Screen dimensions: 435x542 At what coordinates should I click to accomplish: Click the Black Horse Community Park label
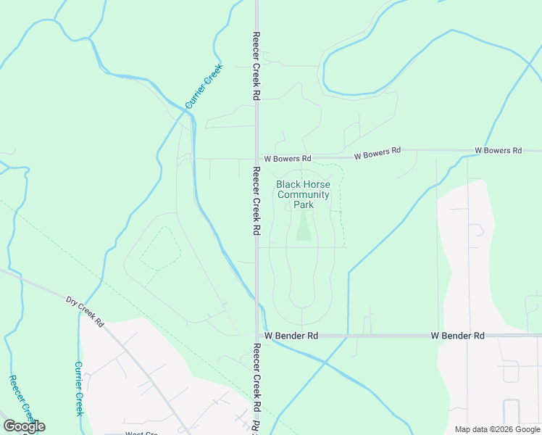303,194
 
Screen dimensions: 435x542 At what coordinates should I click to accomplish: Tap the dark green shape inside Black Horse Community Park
303,228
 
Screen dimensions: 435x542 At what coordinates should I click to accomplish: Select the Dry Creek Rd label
86,311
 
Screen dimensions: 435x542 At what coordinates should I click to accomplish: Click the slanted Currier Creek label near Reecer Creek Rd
204,87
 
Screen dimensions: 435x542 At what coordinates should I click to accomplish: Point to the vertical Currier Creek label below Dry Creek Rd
79,389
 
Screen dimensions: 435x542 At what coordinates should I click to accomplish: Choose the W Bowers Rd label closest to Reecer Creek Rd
288,158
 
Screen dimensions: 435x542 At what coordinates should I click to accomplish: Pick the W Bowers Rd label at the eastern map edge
498,151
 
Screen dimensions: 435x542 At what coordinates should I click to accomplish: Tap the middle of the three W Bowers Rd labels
377,152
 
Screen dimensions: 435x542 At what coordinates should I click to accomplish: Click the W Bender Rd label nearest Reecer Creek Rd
291,336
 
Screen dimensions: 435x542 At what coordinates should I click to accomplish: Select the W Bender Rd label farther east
457,336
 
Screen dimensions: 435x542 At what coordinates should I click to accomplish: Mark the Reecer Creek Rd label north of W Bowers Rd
257,65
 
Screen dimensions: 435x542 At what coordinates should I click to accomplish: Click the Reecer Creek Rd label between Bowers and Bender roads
257,201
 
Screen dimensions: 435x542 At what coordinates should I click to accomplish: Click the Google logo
24,426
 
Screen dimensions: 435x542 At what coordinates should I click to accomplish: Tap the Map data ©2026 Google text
497,429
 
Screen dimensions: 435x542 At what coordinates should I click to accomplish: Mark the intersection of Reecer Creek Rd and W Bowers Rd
257,157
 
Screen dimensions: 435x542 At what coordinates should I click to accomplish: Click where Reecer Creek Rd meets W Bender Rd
257,336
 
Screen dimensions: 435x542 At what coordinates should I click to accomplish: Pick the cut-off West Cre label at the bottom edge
141,433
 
